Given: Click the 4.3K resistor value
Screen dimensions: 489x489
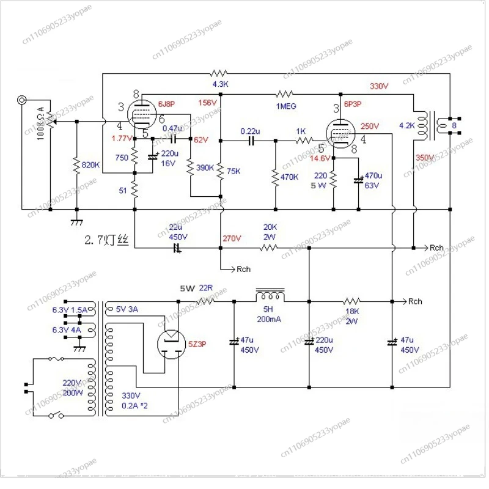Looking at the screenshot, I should pos(219,84).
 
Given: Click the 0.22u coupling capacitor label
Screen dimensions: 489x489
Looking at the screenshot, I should pos(250,131).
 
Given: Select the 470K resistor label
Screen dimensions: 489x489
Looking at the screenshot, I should pos(290,177).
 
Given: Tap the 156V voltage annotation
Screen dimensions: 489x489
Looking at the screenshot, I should pos(208,103).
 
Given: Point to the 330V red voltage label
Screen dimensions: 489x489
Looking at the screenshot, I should pos(379,86).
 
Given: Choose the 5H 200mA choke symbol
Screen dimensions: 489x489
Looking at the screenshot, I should pos(270,296).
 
